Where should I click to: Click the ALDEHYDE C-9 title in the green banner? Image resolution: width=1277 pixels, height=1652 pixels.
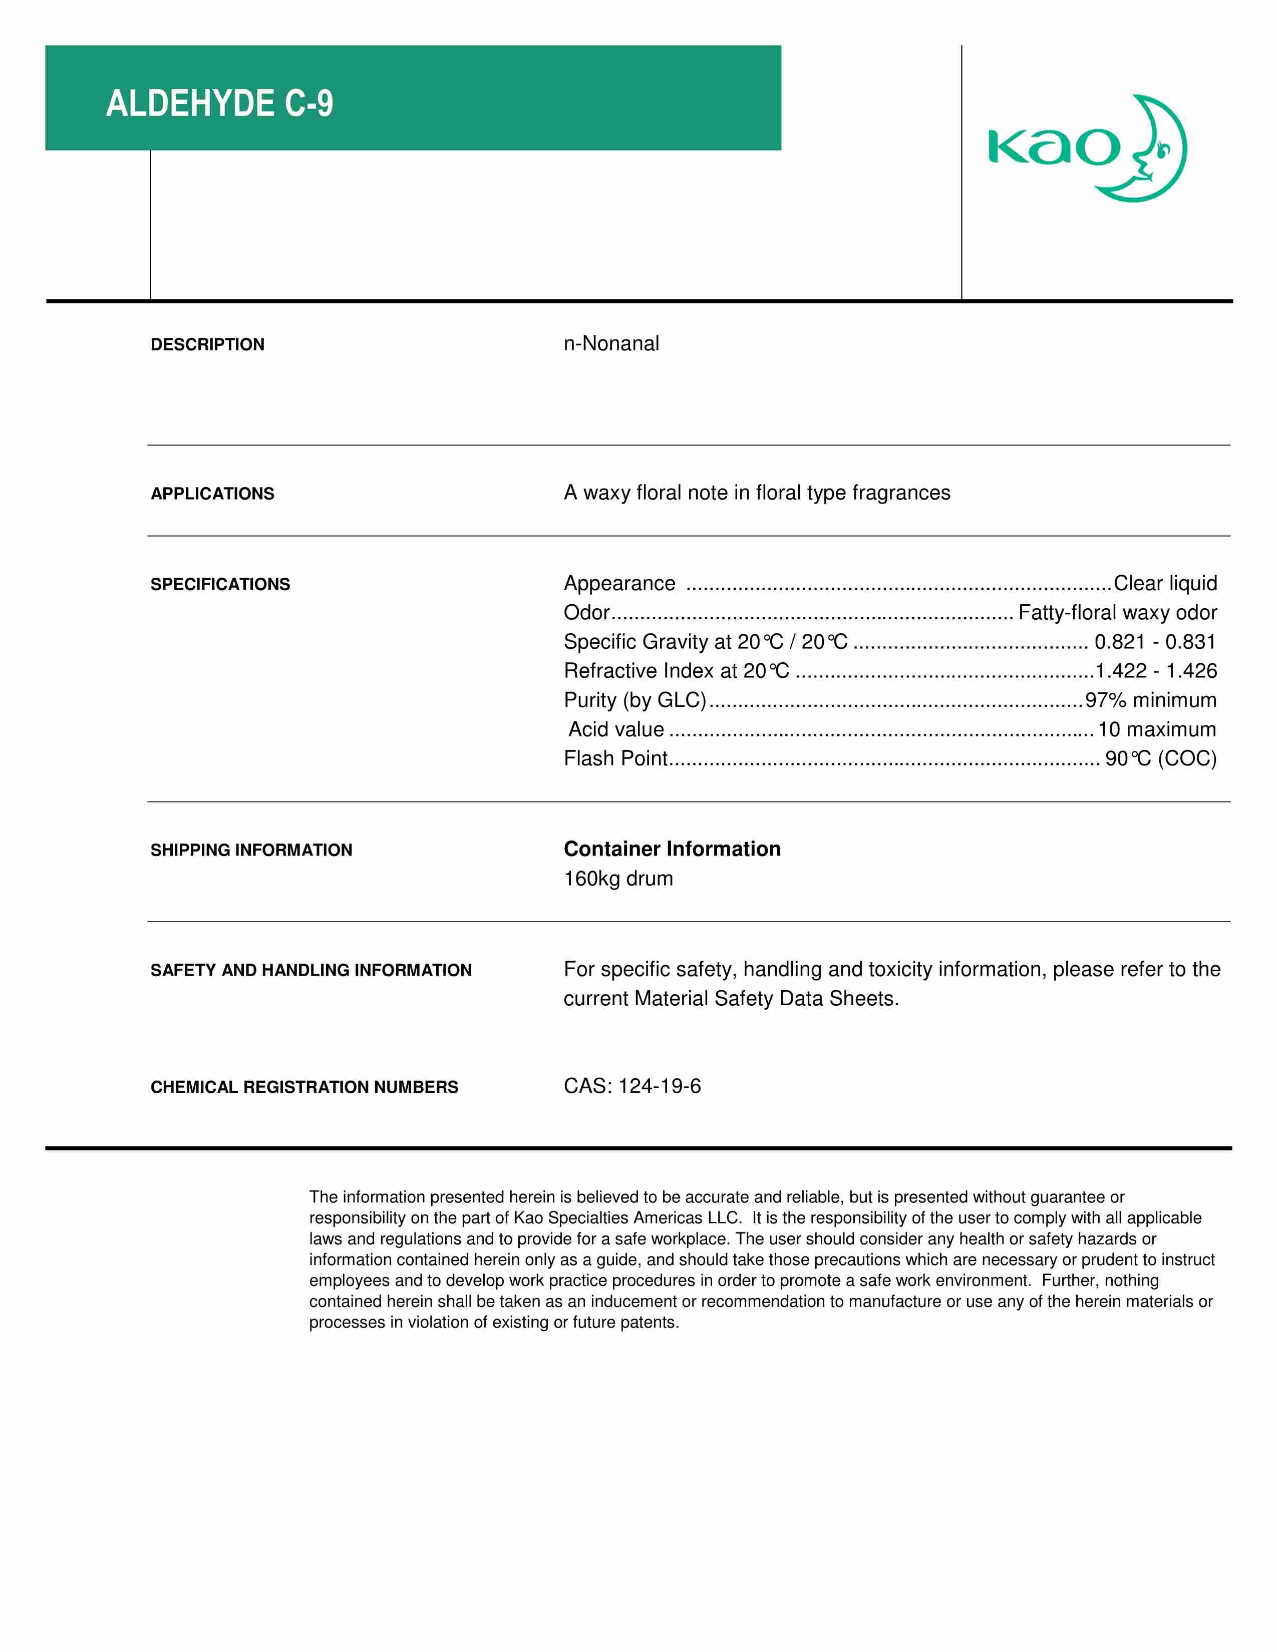[219, 104]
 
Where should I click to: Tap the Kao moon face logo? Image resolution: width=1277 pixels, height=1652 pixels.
[1087, 148]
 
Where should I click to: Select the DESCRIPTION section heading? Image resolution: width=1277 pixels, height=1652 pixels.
[207, 345]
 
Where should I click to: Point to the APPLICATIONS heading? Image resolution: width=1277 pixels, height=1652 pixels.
[212, 494]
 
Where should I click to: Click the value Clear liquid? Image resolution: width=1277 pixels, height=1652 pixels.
[1165, 583]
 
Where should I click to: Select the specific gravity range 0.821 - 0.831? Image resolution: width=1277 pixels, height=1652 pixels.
[1155, 642]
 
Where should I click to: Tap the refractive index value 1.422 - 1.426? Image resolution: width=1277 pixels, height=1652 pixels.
[1156, 671]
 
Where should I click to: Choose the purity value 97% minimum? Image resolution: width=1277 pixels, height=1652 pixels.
[1151, 700]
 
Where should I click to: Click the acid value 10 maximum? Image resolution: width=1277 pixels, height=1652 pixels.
[1157, 730]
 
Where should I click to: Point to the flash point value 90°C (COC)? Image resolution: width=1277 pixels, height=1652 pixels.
[1160, 759]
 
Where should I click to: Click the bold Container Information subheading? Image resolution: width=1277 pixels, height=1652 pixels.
[672, 850]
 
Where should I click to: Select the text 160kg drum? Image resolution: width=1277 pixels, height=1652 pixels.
[618, 879]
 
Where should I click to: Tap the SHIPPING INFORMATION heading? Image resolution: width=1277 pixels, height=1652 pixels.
[251, 850]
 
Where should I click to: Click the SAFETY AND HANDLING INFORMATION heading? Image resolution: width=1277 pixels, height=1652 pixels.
[311, 971]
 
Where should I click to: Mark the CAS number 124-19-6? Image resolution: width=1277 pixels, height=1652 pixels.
[659, 1087]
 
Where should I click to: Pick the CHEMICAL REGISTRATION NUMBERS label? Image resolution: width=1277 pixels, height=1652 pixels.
[304, 1088]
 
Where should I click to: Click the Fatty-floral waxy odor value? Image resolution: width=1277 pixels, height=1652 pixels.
[1117, 613]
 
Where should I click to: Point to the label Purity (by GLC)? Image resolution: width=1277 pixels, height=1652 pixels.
[634, 700]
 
